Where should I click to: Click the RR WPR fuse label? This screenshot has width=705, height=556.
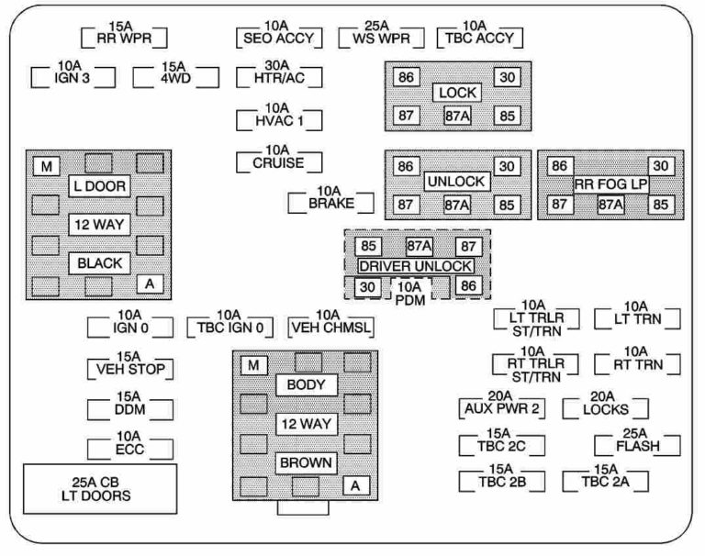pyautogui.click(x=124, y=38)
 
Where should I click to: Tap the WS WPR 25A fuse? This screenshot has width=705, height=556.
pyautogui.click(x=380, y=38)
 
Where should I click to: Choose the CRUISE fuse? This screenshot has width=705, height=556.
pyautogui.click(x=277, y=164)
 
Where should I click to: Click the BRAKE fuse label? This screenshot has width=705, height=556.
pyautogui.click(x=329, y=203)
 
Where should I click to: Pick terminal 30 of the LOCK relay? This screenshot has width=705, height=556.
pyautogui.click(x=506, y=78)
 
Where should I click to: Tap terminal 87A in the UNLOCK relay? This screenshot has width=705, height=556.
pyautogui.click(x=456, y=204)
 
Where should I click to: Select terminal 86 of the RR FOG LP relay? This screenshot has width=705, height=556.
pyautogui.click(x=557, y=166)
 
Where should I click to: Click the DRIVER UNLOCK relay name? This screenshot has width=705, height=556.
pyautogui.click(x=417, y=266)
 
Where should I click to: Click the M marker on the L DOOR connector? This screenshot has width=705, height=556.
pyautogui.click(x=45, y=166)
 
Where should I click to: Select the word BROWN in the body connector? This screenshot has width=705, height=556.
pyautogui.click(x=306, y=462)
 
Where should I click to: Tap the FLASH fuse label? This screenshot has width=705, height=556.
pyautogui.click(x=636, y=445)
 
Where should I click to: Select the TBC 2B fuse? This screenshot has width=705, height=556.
pyautogui.click(x=500, y=481)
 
